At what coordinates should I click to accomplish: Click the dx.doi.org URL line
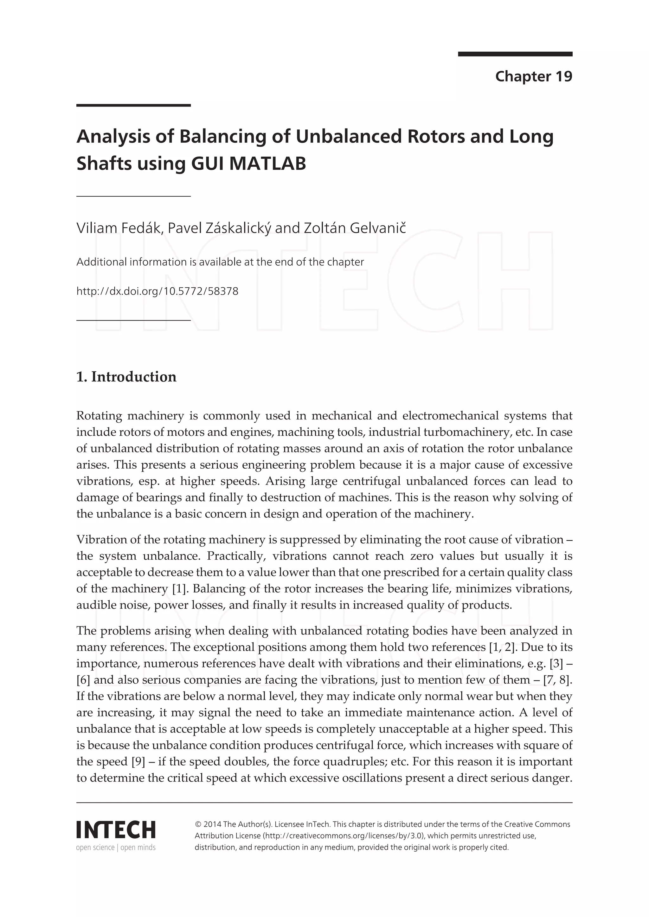click(x=157, y=291)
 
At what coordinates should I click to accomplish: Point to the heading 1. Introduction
click(x=126, y=377)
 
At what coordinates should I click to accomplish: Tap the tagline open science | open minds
click(x=116, y=848)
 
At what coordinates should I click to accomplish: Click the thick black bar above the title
click(x=133, y=106)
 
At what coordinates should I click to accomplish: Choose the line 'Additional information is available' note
click(x=220, y=262)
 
